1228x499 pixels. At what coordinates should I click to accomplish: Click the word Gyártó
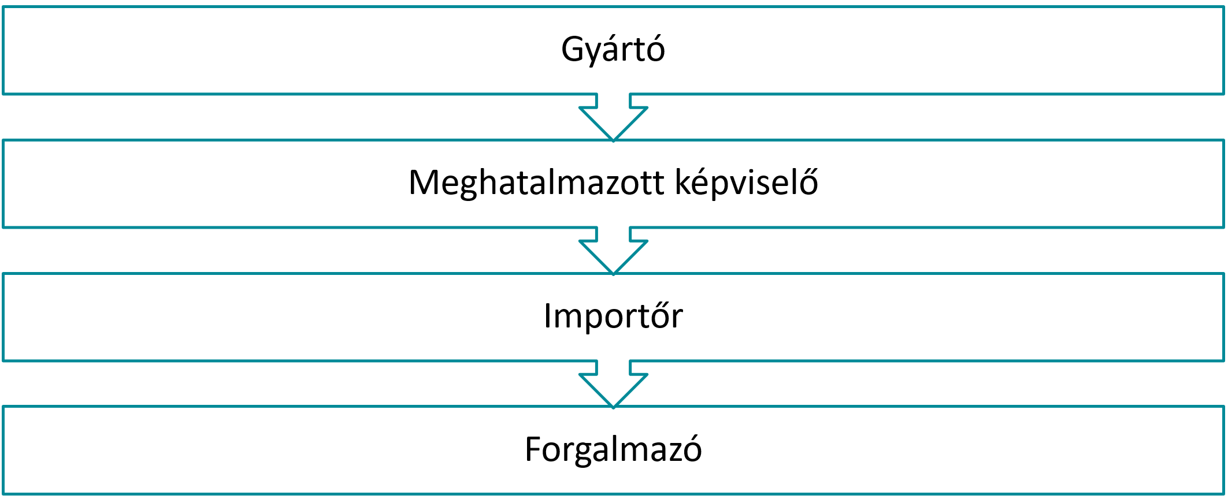613,50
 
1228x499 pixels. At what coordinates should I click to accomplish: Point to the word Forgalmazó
613,449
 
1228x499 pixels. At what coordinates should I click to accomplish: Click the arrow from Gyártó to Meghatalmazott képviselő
613,117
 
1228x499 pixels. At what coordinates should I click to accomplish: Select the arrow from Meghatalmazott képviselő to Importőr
613,251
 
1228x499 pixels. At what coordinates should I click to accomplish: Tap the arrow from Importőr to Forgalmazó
613,384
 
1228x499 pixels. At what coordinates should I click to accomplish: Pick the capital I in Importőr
547,316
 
